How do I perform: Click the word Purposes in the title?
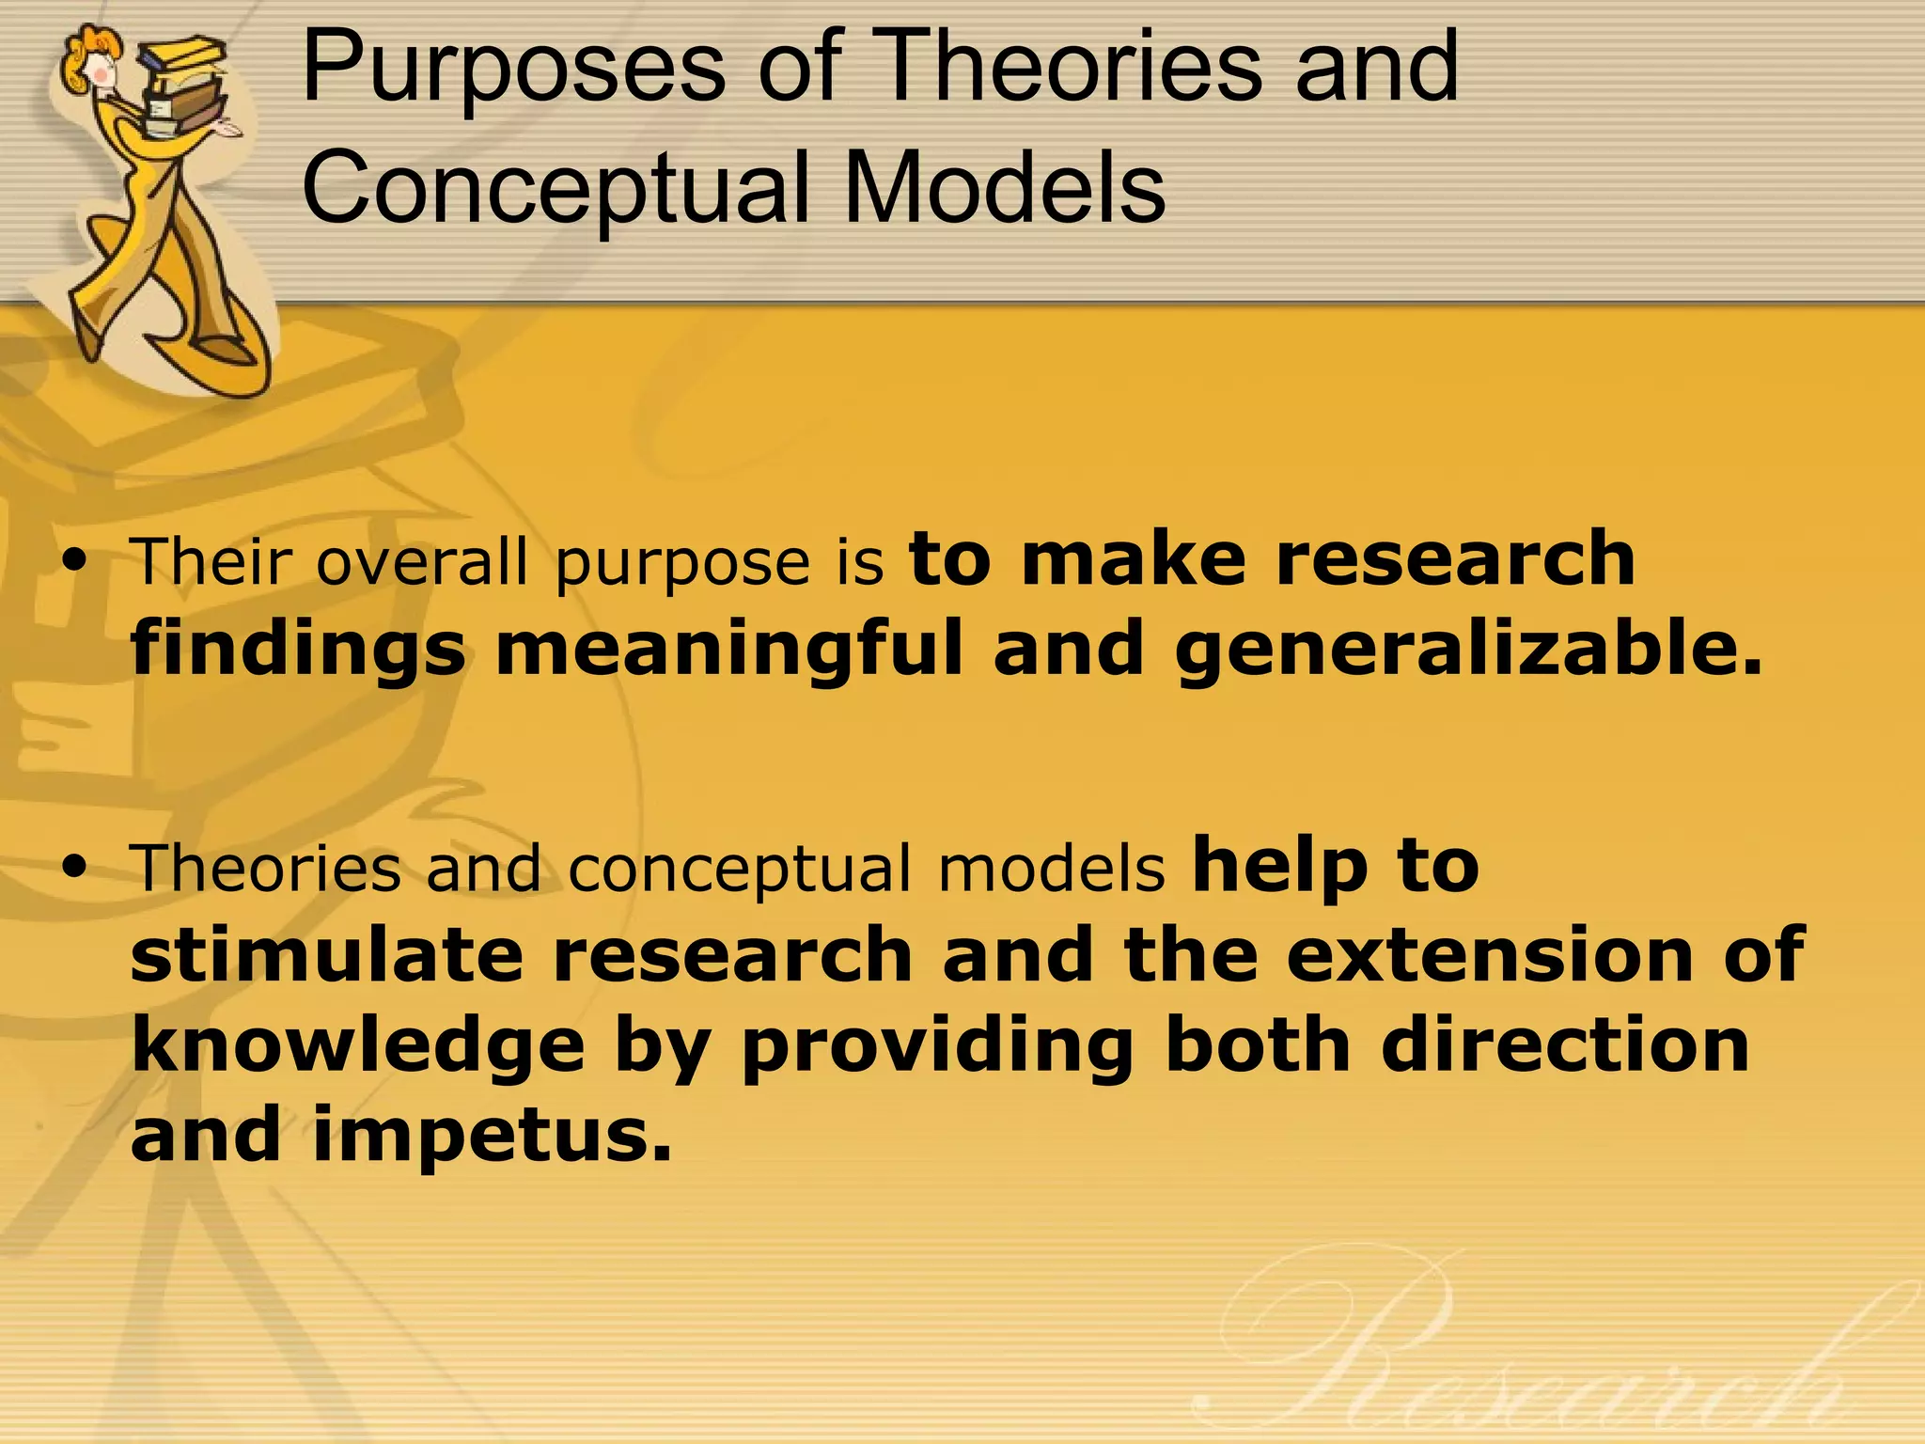(x=512, y=68)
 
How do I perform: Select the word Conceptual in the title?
(x=555, y=188)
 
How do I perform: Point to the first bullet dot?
(x=73, y=561)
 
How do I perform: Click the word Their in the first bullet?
(x=212, y=561)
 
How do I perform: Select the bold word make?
(x=1132, y=558)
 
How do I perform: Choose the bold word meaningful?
(x=729, y=649)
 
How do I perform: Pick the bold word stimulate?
(x=325, y=955)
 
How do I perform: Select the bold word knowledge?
(x=358, y=1045)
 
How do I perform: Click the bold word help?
(x=1279, y=867)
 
